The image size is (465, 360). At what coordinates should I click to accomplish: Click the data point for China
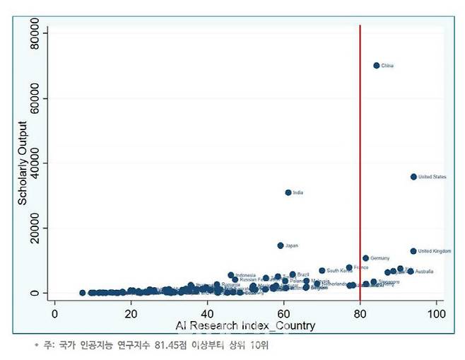click(x=377, y=65)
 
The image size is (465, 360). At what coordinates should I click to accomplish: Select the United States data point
click(x=413, y=177)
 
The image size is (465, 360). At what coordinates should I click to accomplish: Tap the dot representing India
click(x=288, y=192)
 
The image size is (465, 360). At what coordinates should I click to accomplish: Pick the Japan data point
click(x=281, y=245)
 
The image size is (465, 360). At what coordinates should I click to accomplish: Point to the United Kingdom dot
click(x=413, y=251)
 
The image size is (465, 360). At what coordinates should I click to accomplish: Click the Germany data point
click(x=365, y=258)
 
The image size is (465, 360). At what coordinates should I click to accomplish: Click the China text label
click(x=387, y=66)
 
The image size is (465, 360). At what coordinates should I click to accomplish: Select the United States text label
click(x=432, y=177)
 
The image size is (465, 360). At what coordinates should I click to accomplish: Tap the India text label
click(x=298, y=192)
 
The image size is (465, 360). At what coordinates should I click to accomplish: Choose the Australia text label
click(x=425, y=272)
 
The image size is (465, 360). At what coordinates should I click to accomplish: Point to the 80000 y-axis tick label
click(x=35, y=33)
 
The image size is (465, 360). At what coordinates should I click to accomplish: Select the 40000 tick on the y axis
click(x=35, y=163)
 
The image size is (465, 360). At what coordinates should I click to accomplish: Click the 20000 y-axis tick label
click(x=35, y=228)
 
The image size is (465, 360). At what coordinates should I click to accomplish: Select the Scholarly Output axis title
click(x=23, y=162)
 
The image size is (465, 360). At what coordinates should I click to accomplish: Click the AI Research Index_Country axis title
click(x=245, y=326)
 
